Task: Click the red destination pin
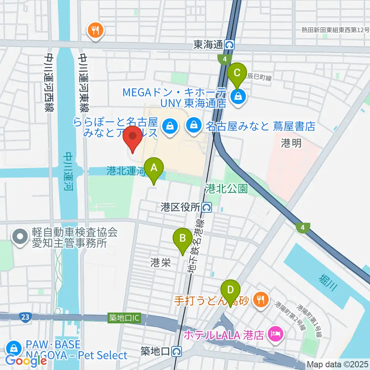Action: pyautogui.click(x=133, y=138)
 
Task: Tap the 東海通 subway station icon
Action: pyautogui.click(x=230, y=45)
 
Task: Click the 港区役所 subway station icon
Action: pyautogui.click(x=207, y=208)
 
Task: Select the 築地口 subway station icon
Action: pyautogui.click(x=177, y=351)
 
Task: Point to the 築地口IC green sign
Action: pyautogui.click(x=124, y=318)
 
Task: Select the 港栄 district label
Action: pyautogui.click(x=160, y=263)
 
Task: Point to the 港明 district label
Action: pyautogui.click(x=291, y=143)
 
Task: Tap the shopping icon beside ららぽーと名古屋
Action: pyautogui.click(x=169, y=125)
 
